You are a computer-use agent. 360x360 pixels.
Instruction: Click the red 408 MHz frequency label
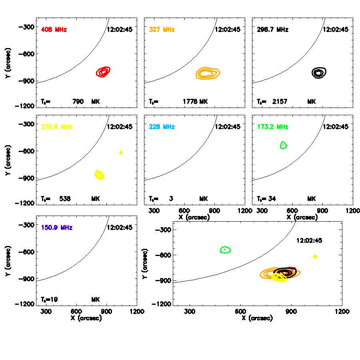(x=54, y=30)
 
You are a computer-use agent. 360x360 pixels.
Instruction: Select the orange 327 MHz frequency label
(x=162, y=30)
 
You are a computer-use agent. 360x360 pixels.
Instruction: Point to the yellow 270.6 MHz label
(x=56, y=127)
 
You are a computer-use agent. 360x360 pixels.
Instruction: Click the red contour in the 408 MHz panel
(x=103, y=72)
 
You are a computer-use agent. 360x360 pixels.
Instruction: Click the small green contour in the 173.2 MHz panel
(x=284, y=145)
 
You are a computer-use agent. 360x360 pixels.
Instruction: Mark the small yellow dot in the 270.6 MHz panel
(x=121, y=152)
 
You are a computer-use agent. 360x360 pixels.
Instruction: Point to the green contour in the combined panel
(x=226, y=250)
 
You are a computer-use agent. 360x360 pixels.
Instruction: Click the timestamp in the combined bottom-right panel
(x=309, y=241)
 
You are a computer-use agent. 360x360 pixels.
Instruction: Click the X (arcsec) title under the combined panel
(x=258, y=318)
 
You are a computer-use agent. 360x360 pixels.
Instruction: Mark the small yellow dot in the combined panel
(x=315, y=256)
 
